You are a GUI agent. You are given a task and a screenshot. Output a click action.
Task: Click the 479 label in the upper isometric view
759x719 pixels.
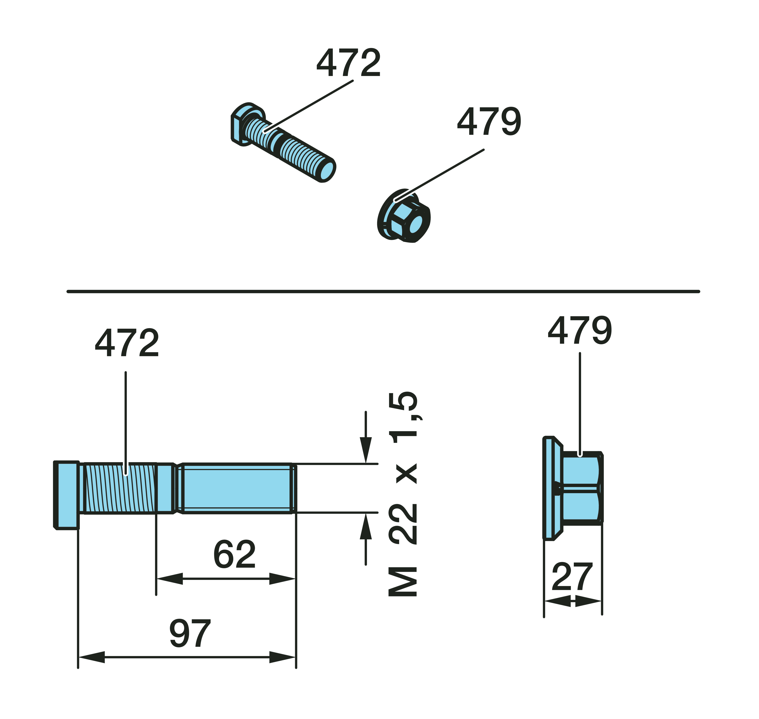click(489, 121)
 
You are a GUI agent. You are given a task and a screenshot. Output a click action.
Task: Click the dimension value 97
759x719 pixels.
click(190, 633)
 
